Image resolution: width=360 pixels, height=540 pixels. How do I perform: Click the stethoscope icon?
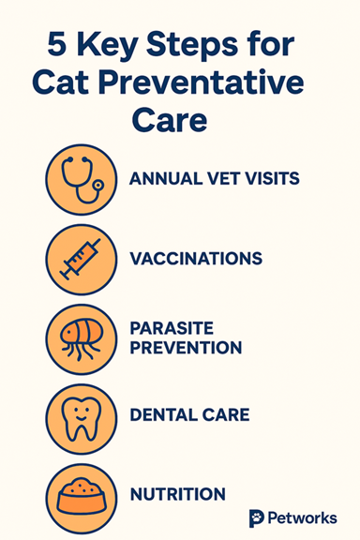click(x=81, y=179)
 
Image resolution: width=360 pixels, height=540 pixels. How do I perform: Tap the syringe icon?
click(x=81, y=258)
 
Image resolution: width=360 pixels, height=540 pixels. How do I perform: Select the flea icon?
click(x=81, y=337)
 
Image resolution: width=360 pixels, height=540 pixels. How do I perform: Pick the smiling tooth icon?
click(x=81, y=413)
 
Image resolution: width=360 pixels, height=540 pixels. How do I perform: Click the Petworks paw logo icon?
click(x=257, y=517)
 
